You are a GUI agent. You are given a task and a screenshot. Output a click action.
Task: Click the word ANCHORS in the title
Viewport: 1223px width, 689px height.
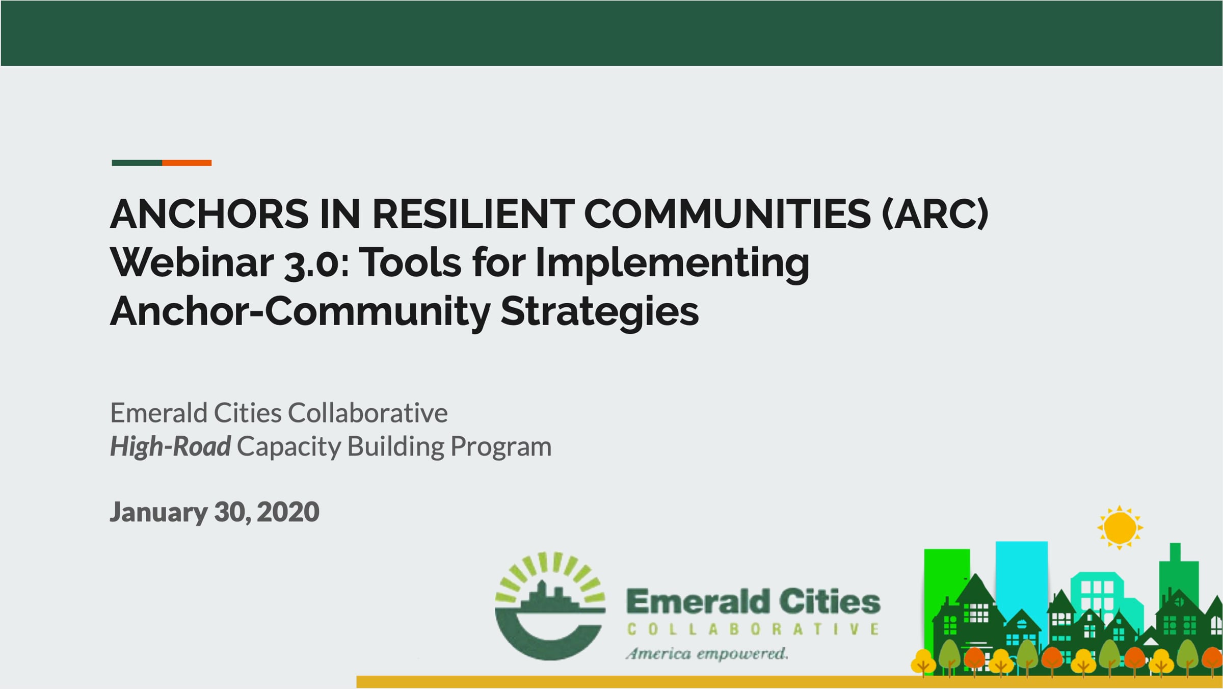coord(209,214)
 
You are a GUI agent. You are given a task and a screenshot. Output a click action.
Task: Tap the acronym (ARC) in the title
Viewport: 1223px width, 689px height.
coord(935,214)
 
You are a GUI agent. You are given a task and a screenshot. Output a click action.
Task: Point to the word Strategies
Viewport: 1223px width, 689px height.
coord(600,311)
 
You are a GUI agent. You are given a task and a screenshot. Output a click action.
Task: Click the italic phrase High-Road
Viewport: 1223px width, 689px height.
coord(171,446)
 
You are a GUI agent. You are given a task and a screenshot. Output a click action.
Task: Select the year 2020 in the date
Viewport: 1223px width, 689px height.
coord(288,512)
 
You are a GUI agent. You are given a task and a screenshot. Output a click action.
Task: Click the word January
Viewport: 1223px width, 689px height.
coord(158,512)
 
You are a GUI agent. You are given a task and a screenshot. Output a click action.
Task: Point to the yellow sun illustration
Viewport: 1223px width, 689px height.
coord(1120,527)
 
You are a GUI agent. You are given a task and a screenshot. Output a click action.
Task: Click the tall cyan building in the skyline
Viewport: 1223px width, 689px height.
coord(1021,581)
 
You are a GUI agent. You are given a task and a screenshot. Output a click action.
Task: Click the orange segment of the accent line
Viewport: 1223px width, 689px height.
coord(187,163)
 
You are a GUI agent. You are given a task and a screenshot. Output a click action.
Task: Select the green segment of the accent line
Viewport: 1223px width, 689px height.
coord(137,163)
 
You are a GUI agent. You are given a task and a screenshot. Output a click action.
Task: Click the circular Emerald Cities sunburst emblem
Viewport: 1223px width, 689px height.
coord(550,606)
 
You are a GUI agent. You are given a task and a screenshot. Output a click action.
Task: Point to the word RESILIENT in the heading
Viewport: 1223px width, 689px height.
coord(473,214)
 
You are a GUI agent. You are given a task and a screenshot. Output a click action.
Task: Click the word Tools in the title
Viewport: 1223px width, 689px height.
coord(411,263)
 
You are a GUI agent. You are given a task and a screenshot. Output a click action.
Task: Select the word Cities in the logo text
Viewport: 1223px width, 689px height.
coord(830,601)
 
